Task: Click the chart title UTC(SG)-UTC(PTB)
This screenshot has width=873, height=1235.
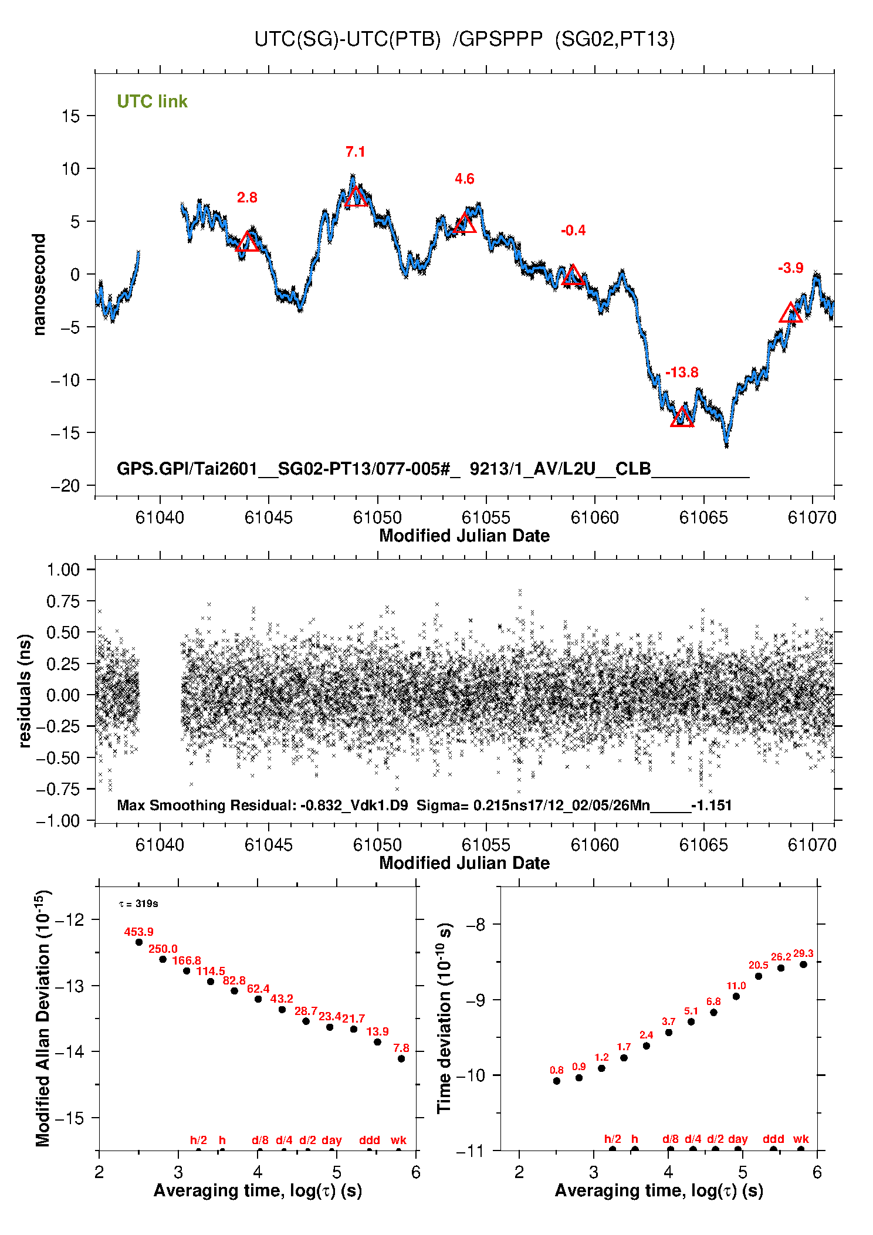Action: click(347, 39)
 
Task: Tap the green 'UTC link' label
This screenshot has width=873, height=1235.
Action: click(152, 101)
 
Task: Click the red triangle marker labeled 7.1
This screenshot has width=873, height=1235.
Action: click(356, 197)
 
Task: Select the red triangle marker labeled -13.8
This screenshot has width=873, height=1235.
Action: click(682, 416)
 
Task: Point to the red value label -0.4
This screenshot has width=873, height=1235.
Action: click(573, 231)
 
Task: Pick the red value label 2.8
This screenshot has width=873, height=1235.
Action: click(247, 198)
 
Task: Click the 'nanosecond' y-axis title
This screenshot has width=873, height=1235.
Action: click(39, 285)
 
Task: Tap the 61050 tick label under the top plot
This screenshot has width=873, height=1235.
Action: click(377, 517)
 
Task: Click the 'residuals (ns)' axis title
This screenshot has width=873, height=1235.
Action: click(24, 691)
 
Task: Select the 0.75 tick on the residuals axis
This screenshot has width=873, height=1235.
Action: click(63, 601)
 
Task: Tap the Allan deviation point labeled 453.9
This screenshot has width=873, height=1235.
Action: click(139, 942)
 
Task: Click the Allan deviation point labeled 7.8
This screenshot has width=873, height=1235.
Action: click(401, 1059)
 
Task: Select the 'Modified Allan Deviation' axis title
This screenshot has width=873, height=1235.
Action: click(43, 1018)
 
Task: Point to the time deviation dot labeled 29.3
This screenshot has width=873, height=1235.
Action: click(803, 965)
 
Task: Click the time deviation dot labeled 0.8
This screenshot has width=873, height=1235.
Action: click(557, 1081)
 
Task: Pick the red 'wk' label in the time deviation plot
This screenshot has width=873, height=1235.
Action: click(801, 1139)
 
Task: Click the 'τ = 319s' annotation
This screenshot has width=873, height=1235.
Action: click(138, 904)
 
